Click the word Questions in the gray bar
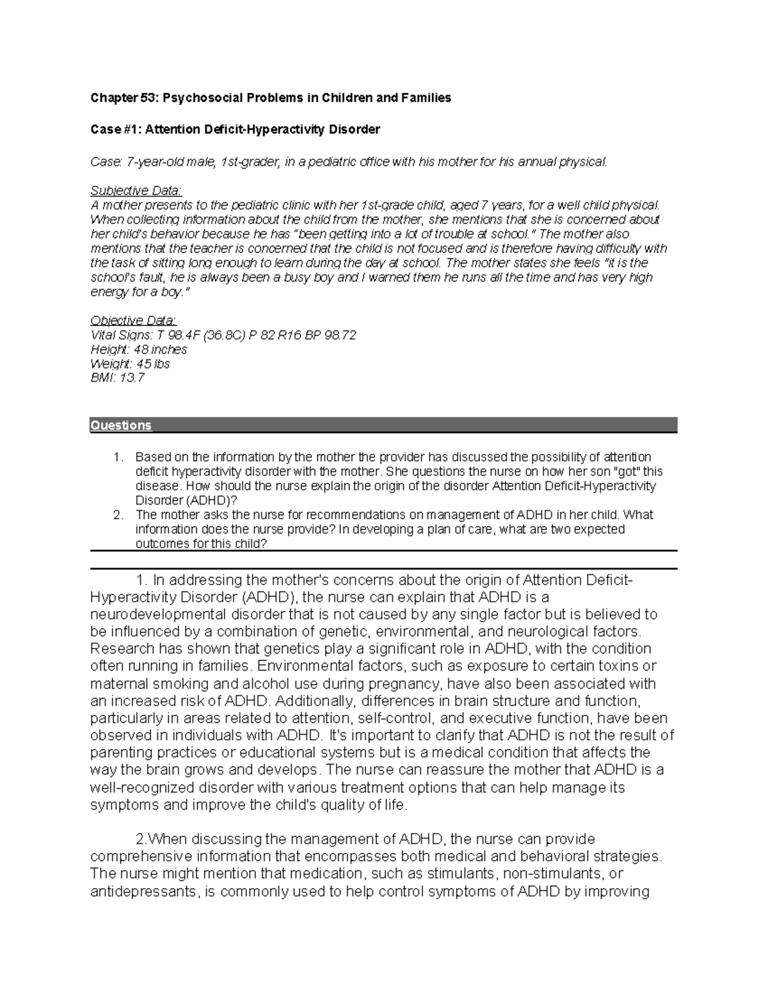[121, 425]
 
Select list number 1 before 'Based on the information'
[116, 457]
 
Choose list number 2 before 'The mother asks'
[116, 515]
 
